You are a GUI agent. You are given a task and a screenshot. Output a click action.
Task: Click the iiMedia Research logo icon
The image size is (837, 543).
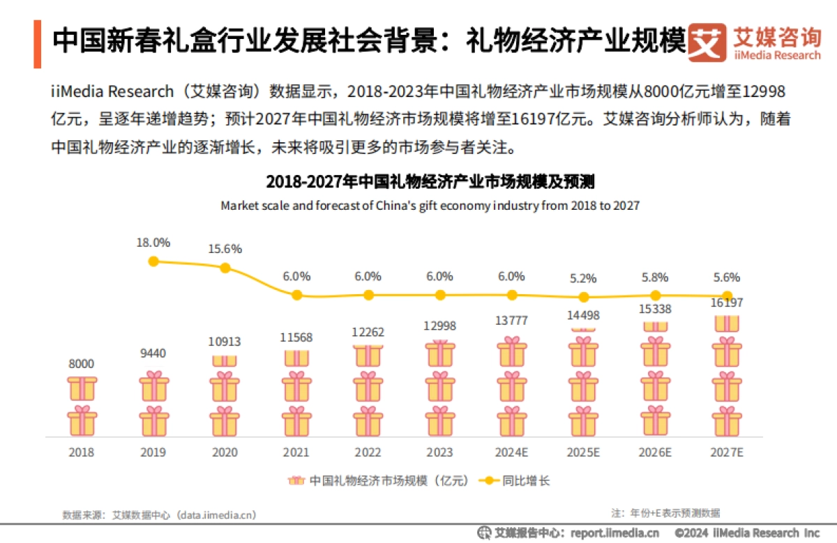(x=707, y=43)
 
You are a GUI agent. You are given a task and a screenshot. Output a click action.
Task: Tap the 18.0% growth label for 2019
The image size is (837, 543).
(x=153, y=243)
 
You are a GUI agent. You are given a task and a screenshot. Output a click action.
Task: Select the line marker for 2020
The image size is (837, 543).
(x=225, y=268)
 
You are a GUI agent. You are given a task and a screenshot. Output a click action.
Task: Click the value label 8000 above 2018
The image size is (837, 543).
(x=82, y=364)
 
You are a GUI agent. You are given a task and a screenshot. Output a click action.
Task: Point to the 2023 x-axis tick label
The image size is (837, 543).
(x=440, y=452)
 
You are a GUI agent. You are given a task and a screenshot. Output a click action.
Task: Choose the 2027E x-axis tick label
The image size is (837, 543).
(x=727, y=452)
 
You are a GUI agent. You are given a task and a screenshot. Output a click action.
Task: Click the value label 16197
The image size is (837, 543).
(x=726, y=303)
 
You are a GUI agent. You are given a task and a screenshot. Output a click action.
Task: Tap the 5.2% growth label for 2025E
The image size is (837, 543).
(x=583, y=278)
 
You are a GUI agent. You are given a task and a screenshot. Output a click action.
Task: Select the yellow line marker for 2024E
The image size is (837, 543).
(x=512, y=295)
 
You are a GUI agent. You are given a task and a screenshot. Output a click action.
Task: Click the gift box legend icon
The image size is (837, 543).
(x=296, y=481)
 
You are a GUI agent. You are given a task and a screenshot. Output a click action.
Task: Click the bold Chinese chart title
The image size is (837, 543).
(x=430, y=183)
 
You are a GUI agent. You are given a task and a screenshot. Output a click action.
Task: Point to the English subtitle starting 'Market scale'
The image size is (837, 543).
(x=430, y=206)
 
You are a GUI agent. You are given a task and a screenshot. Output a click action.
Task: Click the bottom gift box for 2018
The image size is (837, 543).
(x=82, y=421)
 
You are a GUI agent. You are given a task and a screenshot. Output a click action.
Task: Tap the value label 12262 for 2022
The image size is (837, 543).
(x=368, y=332)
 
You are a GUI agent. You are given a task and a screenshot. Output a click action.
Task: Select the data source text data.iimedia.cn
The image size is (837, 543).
(x=217, y=515)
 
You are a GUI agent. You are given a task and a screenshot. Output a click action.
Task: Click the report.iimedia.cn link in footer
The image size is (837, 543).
(x=614, y=533)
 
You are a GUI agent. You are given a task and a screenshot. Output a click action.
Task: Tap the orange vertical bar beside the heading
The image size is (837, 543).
(x=37, y=44)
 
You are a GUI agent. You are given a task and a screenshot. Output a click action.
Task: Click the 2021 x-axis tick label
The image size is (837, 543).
(x=296, y=452)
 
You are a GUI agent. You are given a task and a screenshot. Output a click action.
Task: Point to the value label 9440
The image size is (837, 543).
(x=153, y=353)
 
